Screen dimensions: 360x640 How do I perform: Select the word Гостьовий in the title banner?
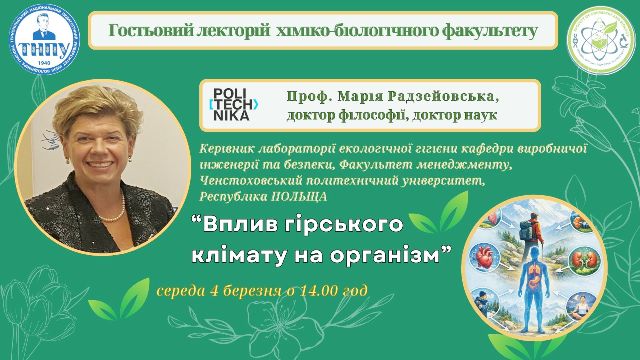tap(136, 31)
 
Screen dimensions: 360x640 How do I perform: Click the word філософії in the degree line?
tap(371, 115)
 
